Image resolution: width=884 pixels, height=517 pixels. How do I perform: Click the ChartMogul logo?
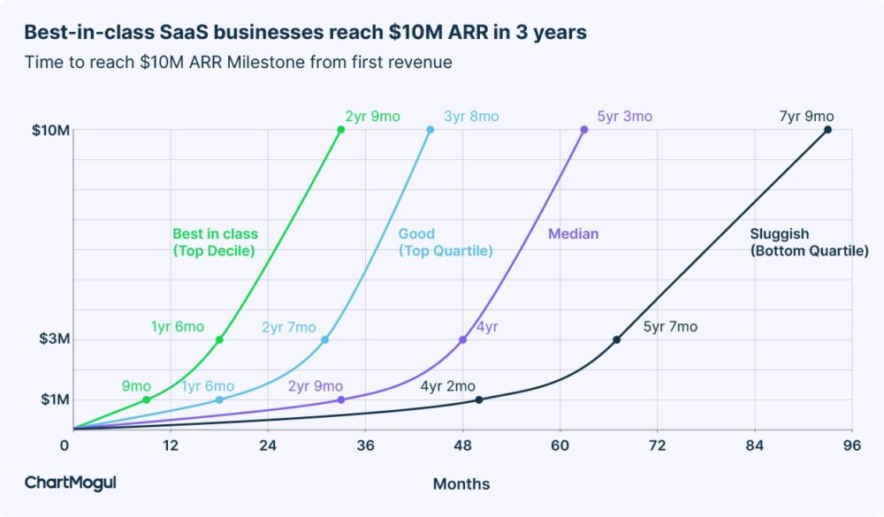click(x=70, y=483)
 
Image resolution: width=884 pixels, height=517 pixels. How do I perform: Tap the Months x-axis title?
click(x=461, y=484)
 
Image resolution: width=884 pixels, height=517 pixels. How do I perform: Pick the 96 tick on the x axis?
click(x=852, y=445)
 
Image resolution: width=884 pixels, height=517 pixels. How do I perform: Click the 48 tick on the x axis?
click(x=462, y=445)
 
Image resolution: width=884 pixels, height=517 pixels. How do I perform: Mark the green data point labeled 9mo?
click(x=146, y=399)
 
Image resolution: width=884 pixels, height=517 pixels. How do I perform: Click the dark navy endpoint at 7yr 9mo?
click(x=827, y=130)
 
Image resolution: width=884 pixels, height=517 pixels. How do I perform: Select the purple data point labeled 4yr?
click(x=462, y=339)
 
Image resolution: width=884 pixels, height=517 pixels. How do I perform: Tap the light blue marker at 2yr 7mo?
click(x=324, y=339)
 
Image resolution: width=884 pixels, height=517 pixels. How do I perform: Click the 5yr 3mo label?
click(x=624, y=117)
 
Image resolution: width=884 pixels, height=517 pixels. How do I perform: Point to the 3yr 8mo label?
click(x=470, y=117)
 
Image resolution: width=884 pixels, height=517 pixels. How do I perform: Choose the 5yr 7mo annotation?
click(x=670, y=327)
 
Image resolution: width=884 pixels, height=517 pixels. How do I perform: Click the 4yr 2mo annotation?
click(x=447, y=386)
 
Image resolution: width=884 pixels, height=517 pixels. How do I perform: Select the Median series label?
click(x=573, y=234)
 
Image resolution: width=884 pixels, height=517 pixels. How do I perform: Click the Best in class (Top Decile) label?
click(x=215, y=242)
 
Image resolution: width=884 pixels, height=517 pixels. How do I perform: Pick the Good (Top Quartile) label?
click(x=445, y=242)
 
